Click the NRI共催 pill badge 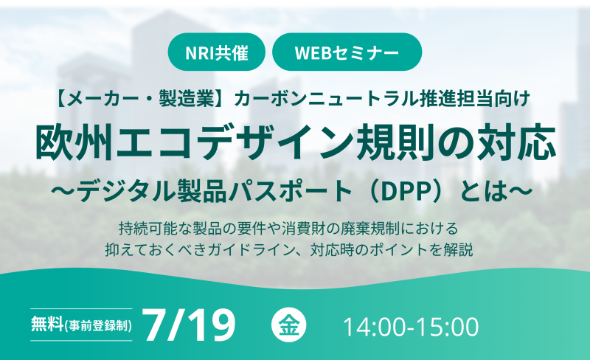(217, 52)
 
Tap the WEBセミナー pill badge (347, 52)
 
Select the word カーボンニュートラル (327, 98)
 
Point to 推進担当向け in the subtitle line (476, 98)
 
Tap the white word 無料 (47, 324)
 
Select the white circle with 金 (288, 325)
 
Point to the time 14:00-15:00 (411, 327)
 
